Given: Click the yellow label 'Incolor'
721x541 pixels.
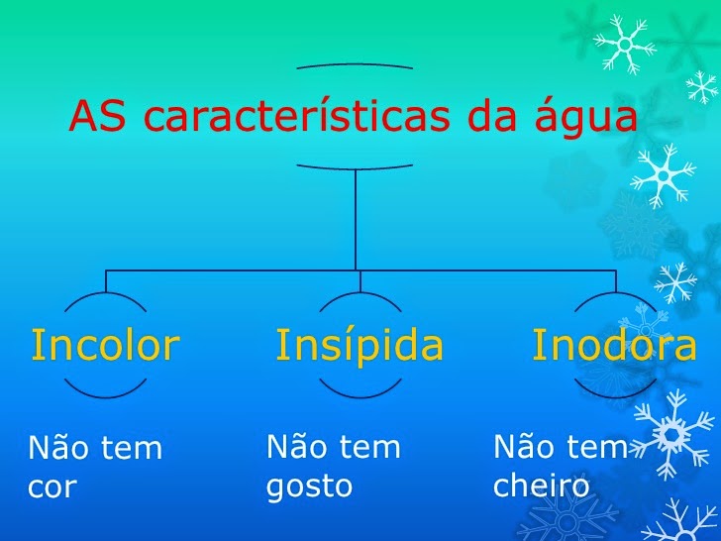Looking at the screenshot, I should (x=105, y=345).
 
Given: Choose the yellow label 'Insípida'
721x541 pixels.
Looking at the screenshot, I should (x=360, y=345).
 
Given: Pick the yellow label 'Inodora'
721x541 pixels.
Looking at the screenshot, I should (x=614, y=345).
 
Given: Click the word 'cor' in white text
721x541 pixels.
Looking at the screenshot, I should (x=51, y=488).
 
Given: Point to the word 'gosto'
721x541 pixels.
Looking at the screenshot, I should (x=309, y=487).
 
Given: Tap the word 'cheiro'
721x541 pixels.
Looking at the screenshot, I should (x=541, y=487).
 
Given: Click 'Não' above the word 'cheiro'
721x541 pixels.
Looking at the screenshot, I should (x=525, y=447).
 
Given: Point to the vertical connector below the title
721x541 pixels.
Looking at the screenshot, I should (x=355, y=218).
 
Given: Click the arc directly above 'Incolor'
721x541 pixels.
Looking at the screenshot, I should (x=105, y=295).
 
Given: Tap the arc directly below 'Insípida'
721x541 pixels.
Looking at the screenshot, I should (x=360, y=394).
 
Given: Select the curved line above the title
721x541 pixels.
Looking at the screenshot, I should (x=355, y=65).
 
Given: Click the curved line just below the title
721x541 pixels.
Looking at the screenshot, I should (x=355, y=166).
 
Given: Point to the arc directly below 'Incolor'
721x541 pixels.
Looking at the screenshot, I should (x=105, y=394).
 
